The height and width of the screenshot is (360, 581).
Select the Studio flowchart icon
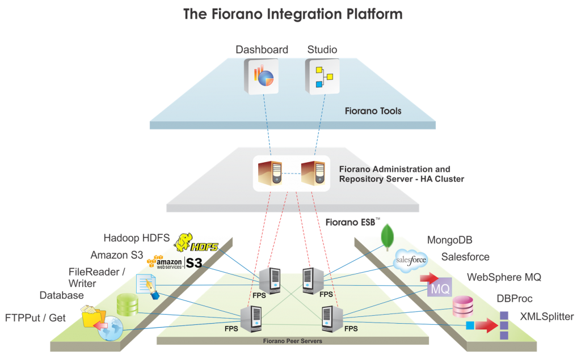(322, 75)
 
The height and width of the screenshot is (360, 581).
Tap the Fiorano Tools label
(373, 111)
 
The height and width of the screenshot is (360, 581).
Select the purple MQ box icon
(440, 288)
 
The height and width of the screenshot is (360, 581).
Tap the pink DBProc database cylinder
(462, 307)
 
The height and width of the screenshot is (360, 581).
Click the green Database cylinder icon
(128, 305)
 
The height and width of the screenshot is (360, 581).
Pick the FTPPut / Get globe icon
(110, 328)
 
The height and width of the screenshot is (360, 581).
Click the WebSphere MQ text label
(504, 277)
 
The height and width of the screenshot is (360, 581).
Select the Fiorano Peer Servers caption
(292, 341)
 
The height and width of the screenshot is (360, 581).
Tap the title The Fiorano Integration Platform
(292, 14)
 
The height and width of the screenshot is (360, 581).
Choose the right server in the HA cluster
(313, 173)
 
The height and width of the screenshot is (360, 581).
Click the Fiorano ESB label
(350, 222)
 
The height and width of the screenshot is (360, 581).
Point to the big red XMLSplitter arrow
(486, 325)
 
